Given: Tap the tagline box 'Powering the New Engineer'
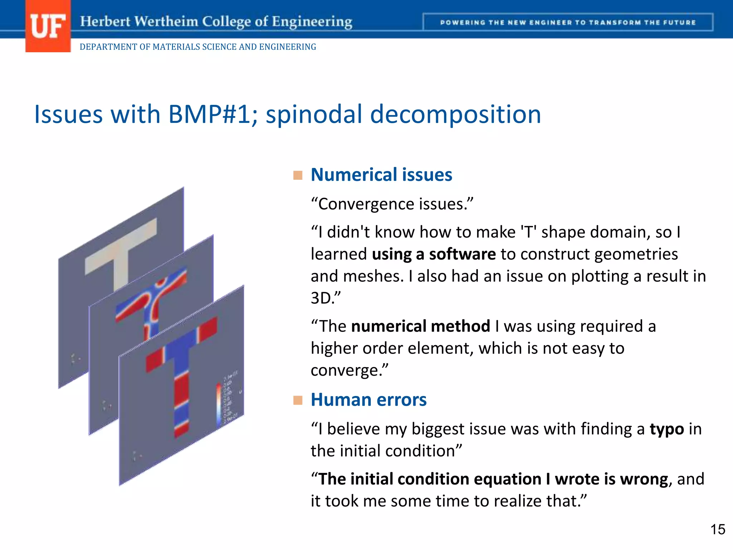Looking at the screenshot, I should pos(568,22).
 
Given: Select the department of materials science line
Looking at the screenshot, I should pos(198,47).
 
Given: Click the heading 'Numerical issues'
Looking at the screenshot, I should pos(381,175).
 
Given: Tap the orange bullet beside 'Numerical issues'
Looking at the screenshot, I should pos(298,175).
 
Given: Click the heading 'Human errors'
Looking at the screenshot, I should pos(368,400).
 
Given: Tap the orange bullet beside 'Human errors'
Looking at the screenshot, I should pos(298,400).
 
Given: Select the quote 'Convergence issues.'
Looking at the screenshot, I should pos(392,204).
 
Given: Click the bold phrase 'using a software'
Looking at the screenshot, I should pos(434,254).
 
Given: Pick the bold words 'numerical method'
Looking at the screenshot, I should pos(421,326).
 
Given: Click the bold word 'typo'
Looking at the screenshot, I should pos(666,429).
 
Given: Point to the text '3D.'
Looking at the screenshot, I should pos(325,298).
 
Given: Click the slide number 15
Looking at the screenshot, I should pos(717,530).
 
